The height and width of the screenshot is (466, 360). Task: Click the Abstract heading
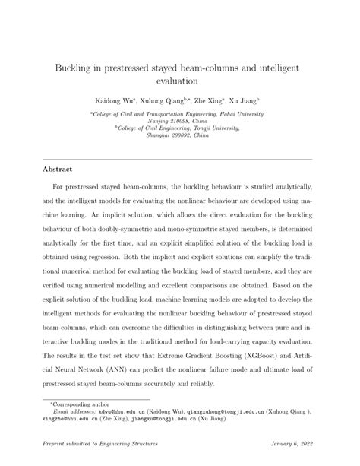point(57,170)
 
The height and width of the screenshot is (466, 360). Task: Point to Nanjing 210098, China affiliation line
point(179,122)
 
